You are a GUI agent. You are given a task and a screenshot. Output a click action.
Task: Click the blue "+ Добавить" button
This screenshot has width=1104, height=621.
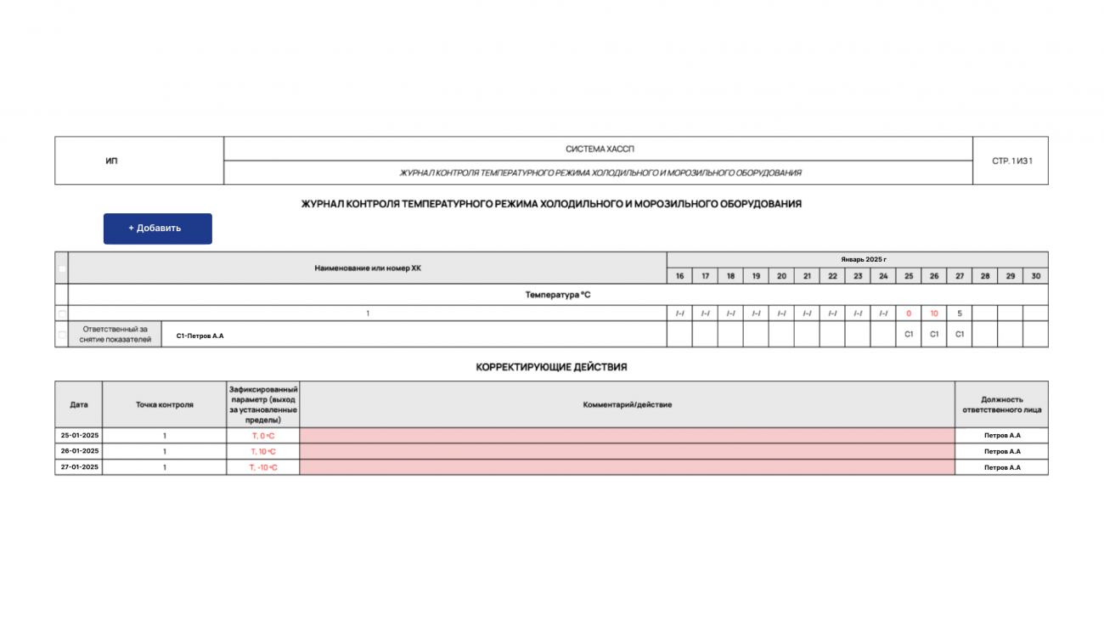(x=157, y=229)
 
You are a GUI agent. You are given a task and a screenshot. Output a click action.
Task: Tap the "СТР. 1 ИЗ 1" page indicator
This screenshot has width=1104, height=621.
(x=1011, y=161)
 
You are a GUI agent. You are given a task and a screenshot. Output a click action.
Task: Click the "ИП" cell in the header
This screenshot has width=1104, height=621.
(x=111, y=161)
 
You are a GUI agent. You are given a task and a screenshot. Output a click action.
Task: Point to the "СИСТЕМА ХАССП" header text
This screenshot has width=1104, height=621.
(x=600, y=149)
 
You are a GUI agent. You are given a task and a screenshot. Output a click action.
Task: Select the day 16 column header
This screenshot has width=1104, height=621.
(x=679, y=276)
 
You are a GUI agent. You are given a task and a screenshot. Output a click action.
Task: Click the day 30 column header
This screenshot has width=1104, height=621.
(x=1035, y=276)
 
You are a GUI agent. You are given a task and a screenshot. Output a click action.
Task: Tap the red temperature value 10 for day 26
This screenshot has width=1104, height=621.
(x=933, y=313)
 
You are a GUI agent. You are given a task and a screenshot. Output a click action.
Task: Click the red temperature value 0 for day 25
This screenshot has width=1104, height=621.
(x=908, y=313)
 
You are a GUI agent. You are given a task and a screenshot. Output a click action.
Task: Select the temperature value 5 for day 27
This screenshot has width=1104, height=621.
(x=959, y=313)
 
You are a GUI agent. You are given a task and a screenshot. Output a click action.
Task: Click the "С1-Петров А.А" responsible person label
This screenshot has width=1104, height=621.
(x=200, y=336)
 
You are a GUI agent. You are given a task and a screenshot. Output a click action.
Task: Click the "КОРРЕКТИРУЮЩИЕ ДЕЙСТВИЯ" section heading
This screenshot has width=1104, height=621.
(x=551, y=367)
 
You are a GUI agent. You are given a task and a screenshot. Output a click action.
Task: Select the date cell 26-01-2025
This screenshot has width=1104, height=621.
(x=79, y=451)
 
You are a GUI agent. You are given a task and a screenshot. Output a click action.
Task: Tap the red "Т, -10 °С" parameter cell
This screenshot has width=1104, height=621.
(x=263, y=467)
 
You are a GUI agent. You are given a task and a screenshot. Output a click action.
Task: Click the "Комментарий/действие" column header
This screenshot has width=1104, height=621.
(x=627, y=404)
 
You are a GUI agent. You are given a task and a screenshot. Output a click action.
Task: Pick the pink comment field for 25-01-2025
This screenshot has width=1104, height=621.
(x=627, y=435)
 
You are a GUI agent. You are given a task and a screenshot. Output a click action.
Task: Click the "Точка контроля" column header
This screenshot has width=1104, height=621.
(x=165, y=404)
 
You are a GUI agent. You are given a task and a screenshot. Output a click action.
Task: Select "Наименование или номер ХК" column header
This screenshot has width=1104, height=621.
(x=367, y=268)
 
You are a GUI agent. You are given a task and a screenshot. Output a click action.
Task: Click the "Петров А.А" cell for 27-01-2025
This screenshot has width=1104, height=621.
(x=1001, y=467)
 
